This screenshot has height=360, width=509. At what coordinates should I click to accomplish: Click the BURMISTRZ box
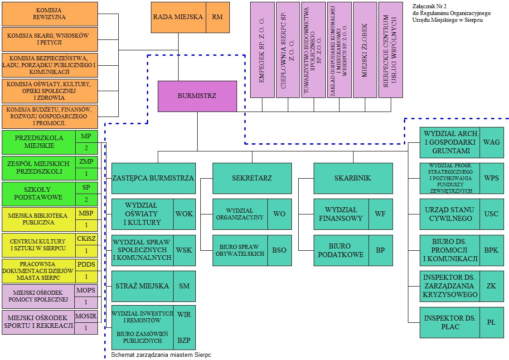pyautogui.click(x=197, y=96)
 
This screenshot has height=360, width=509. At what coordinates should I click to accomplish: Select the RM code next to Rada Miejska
pyautogui.click(x=218, y=17)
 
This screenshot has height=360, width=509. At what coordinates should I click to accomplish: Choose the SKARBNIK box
pyautogui.click(x=353, y=178)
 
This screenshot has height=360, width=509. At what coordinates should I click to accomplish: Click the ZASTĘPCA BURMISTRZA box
pyautogui.click(x=154, y=178)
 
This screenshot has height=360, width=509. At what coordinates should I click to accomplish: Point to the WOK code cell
pyautogui.click(x=184, y=214)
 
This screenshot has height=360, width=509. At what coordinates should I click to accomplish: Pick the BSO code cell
pyautogui.click(x=279, y=250)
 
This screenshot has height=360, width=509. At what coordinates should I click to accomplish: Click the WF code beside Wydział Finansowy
pyautogui.click(x=380, y=214)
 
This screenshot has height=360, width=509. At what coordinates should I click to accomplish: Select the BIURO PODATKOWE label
pyautogui.click(x=341, y=250)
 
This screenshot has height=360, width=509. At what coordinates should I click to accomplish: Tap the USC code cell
pyautogui.click(x=491, y=214)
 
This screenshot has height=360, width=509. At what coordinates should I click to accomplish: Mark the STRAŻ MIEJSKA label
pyautogui.click(x=142, y=286)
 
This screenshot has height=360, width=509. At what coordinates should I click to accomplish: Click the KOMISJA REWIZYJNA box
pyautogui.click(x=49, y=14)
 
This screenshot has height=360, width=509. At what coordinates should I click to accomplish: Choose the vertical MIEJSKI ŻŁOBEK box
pyautogui.click(x=365, y=50)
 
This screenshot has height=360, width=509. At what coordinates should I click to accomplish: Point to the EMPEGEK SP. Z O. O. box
pyautogui.click(x=262, y=50)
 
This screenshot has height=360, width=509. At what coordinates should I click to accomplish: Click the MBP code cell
pyautogui.click(x=86, y=213)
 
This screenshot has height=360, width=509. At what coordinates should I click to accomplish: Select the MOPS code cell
pyautogui.click(x=86, y=291)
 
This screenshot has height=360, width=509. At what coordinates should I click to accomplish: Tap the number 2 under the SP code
pyautogui.click(x=86, y=200)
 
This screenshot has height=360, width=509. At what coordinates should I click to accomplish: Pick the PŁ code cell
pyautogui.click(x=491, y=322)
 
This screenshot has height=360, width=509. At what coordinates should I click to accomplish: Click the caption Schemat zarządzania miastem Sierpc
pyautogui.click(x=161, y=355)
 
